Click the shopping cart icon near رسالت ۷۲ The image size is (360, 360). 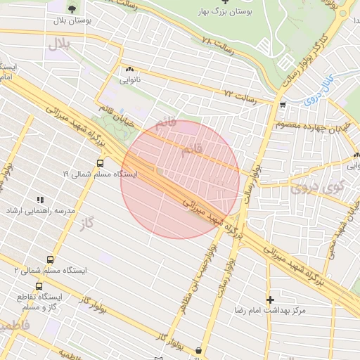coord(282,105)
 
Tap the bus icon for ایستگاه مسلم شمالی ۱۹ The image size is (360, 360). coord(99,162)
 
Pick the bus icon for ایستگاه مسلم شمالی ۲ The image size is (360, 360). coord(49,259)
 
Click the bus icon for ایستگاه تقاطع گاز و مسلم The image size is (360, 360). coord(39,287)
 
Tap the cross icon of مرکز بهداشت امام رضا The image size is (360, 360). coord(270,300)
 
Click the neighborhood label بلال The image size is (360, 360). coord(61,44)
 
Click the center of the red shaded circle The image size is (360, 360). coord(181,179)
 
